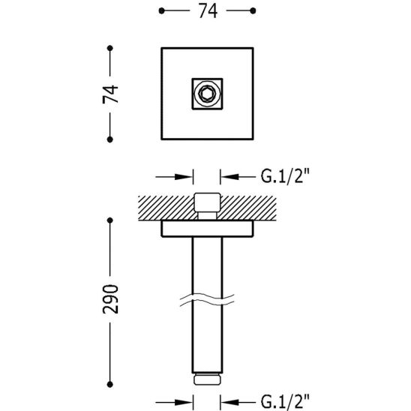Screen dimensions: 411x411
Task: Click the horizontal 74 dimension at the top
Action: point(206,13)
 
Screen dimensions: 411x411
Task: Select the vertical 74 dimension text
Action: point(110,94)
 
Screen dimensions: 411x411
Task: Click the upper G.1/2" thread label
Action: point(286,178)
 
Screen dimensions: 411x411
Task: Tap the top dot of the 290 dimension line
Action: point(110,220)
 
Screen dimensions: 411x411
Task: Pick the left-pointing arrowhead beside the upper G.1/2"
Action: point(228,178)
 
